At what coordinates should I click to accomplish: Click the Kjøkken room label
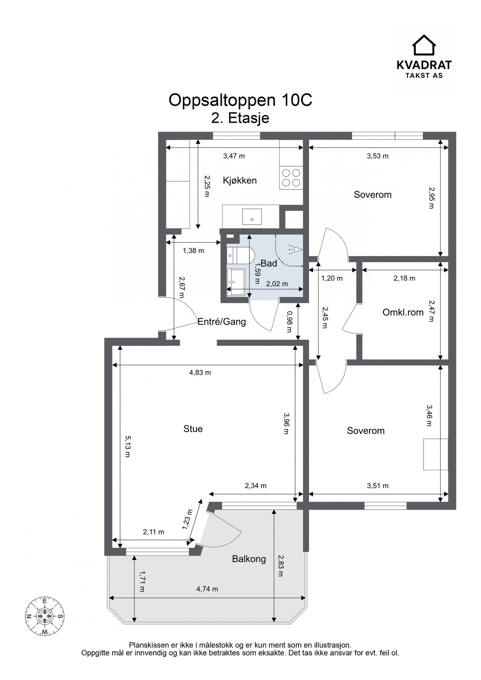[240, 180]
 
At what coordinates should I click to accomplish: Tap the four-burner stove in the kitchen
[291, 178]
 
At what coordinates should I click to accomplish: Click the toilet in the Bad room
[239, 256]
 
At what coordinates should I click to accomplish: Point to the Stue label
[193, 429]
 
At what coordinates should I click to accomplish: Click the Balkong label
[249, 559]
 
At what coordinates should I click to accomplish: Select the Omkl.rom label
[403, 312]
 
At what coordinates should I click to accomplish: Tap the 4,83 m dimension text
[200, 372]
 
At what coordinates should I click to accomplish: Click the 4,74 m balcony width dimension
[207, 589]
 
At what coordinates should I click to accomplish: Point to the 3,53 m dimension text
[377, 156]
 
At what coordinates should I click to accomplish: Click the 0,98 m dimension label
[289, 321]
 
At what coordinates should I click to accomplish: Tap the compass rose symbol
[45, 617]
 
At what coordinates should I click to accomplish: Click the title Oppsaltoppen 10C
[240, 100]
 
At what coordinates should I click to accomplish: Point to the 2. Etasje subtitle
[240, 118]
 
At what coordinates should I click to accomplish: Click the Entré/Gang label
[222, 322]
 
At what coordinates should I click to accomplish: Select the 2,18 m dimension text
[404, 278]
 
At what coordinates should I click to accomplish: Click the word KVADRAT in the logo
[424, 65]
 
